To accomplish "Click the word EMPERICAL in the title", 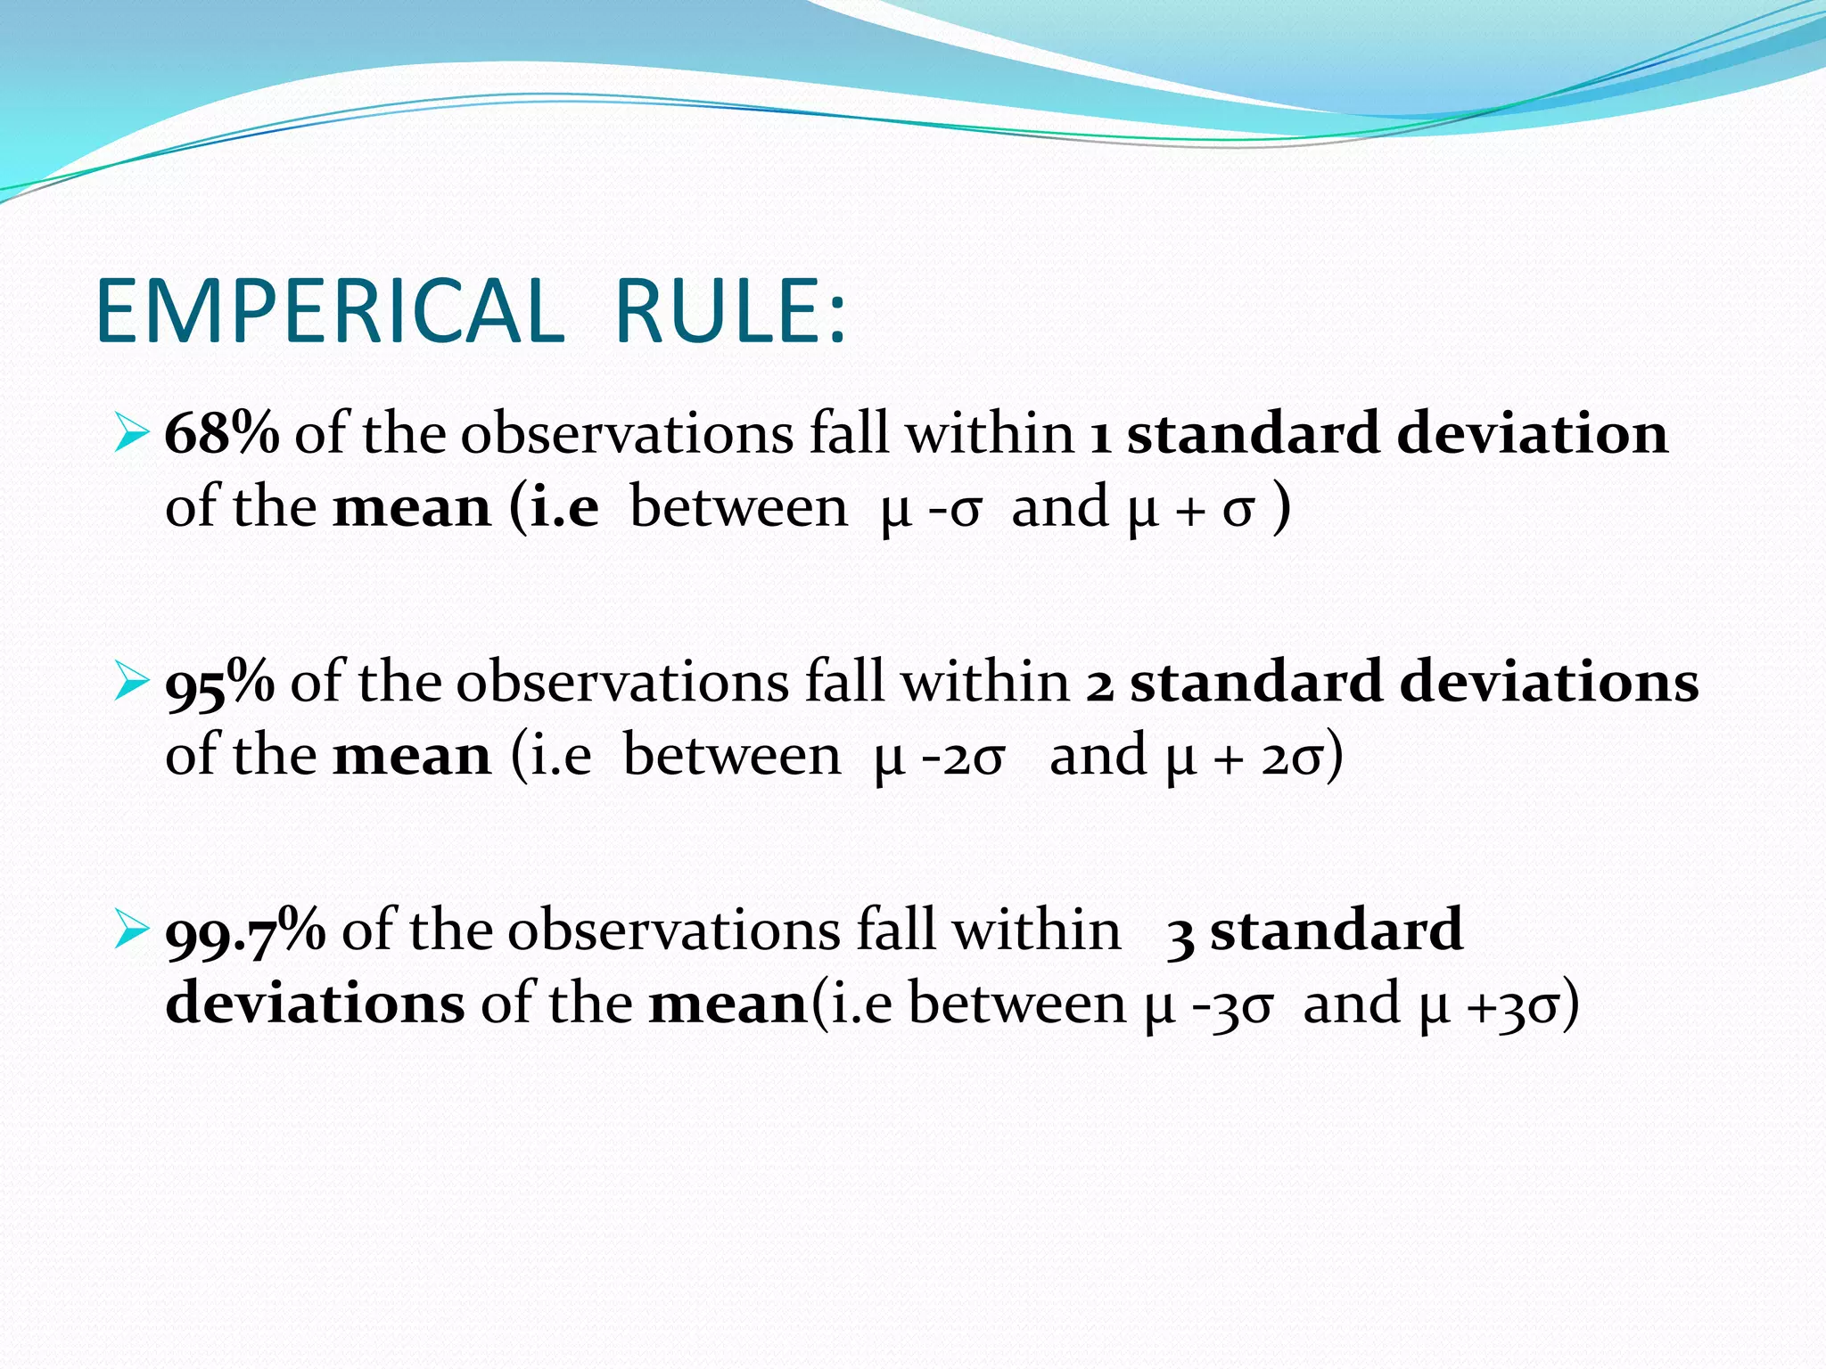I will [330, 311].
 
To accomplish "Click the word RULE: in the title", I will [730, 311].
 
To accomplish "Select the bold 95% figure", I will [219, 683].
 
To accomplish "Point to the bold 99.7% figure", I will [245, 931].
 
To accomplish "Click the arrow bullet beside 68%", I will [130, 435].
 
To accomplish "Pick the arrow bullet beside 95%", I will [130, 684].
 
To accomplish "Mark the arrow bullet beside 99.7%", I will [130, 932].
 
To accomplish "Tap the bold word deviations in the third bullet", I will [315, 1004].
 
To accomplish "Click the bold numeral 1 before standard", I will [1100, 437].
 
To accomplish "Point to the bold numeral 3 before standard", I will [1180, 936].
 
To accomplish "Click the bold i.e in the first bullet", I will [564, 507].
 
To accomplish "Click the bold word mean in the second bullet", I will [411, 756].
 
